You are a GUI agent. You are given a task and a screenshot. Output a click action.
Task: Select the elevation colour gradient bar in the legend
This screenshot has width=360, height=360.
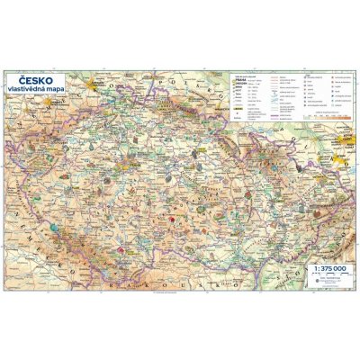(320, 117)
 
